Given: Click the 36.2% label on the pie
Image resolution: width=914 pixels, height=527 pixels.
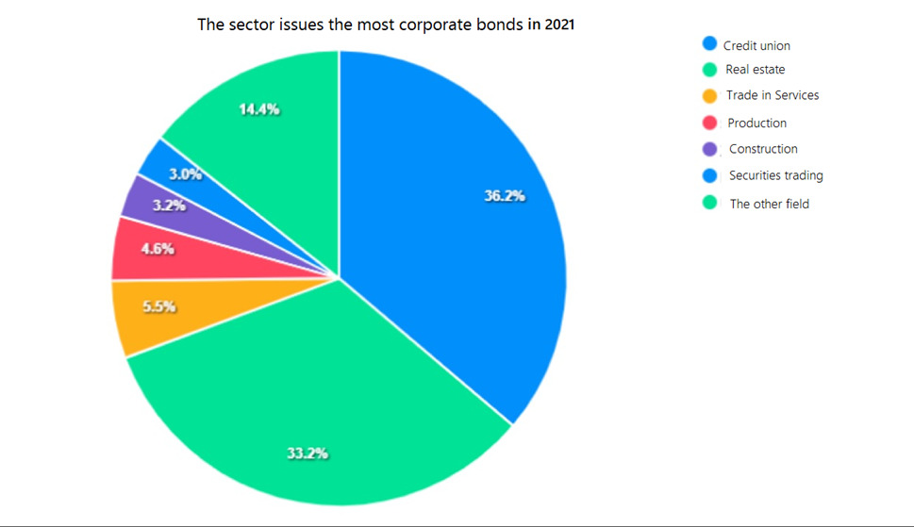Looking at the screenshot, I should click(x=505, y=197).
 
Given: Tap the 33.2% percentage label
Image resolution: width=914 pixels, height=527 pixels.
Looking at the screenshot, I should click(x=307, y=453).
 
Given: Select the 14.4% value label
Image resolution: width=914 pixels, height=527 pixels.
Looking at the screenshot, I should click(x=259, y=109).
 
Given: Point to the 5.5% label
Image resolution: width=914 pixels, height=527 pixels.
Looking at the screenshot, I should click(x=158, y=306).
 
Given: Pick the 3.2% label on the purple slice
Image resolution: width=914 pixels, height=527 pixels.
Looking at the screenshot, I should click(x=170, y=205).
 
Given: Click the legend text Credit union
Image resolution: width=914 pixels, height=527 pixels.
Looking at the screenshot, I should click(x=756, y=45).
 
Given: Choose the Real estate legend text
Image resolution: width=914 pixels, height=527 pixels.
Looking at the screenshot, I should click(x=755, y=70).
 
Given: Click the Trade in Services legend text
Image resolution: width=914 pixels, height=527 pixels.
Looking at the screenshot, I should click(x=773, y=95).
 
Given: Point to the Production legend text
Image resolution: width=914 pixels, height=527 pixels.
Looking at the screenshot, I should click(x=756, y=123).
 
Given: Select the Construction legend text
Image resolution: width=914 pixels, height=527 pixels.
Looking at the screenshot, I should click(x=763, y=149).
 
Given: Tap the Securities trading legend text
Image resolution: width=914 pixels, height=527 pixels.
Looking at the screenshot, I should click(x=775, y=175).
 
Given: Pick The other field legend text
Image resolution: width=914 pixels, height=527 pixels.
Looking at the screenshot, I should click(x=769, y=204).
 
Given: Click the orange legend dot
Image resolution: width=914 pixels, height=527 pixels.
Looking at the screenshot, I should click(x=710, y=95).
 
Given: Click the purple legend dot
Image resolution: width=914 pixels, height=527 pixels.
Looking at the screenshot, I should click(x=710, y=149).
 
